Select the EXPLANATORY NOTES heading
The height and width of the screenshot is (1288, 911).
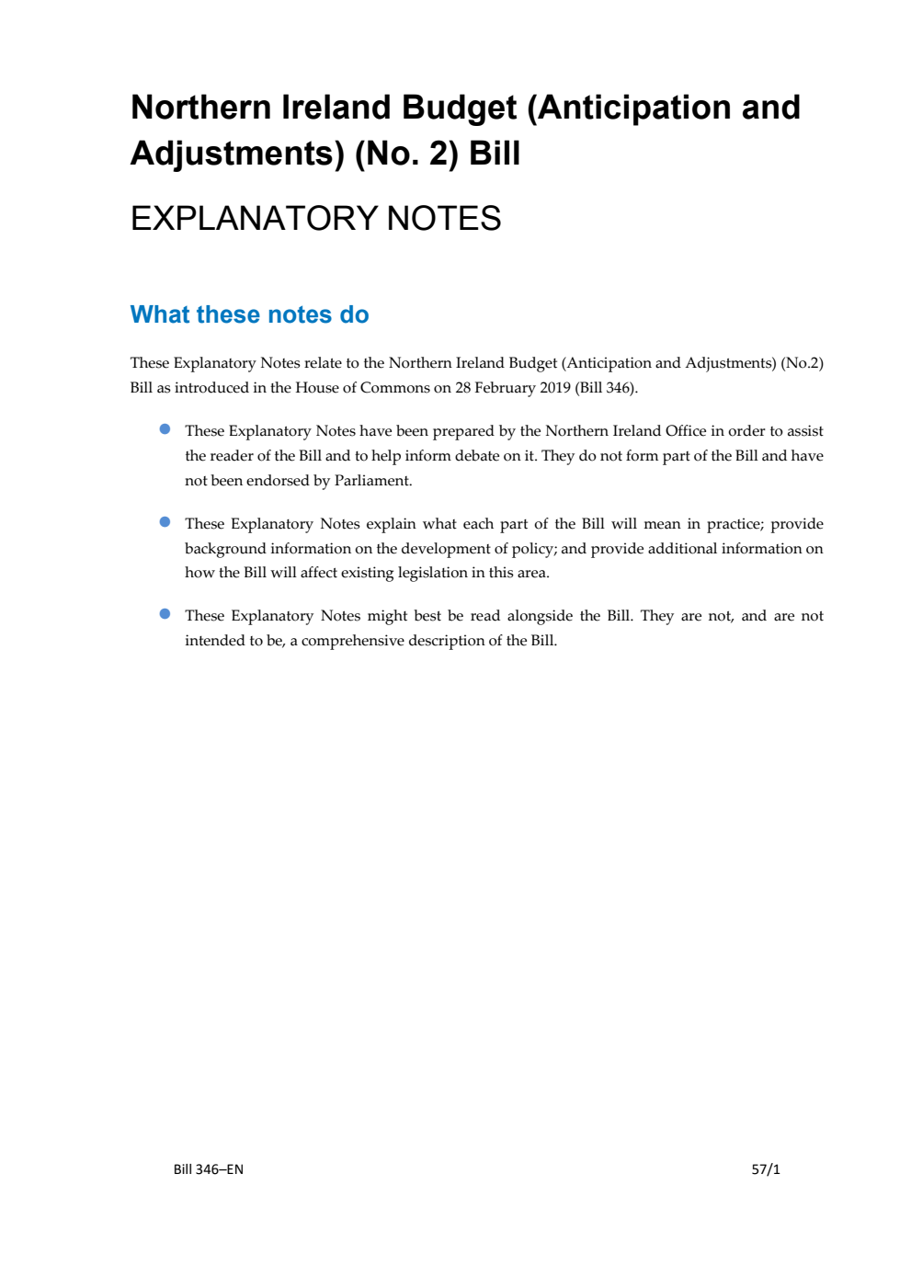coord(315,219)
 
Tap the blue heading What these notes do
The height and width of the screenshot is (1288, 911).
coord(249,314)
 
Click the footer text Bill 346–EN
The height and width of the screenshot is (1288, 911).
coord(208,1169)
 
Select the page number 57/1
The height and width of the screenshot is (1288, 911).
coord(766,1169)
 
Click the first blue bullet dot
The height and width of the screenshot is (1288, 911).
coord(165,429)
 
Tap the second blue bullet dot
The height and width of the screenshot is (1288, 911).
coord(165,522)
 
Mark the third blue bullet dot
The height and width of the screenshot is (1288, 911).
coord(165,614)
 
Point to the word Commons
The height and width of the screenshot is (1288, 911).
coord(394,388)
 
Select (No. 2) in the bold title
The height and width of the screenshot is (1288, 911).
coord(406,154)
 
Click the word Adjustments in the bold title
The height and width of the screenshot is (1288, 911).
coord(237,154)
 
